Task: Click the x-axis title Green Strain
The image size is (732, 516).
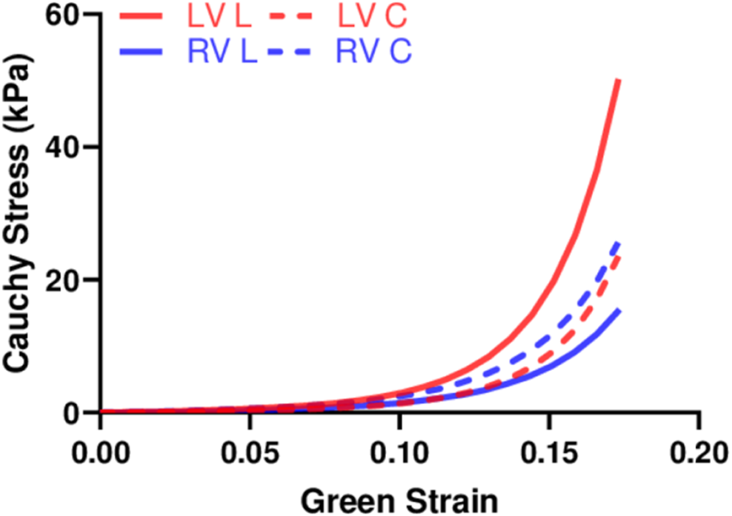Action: point(400,498)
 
